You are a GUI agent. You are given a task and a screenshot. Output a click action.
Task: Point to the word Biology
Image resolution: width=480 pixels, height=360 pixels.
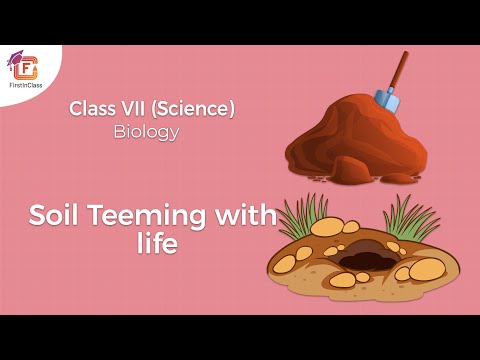145,131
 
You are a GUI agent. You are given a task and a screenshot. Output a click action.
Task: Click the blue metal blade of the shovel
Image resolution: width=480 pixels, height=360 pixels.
387,99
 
